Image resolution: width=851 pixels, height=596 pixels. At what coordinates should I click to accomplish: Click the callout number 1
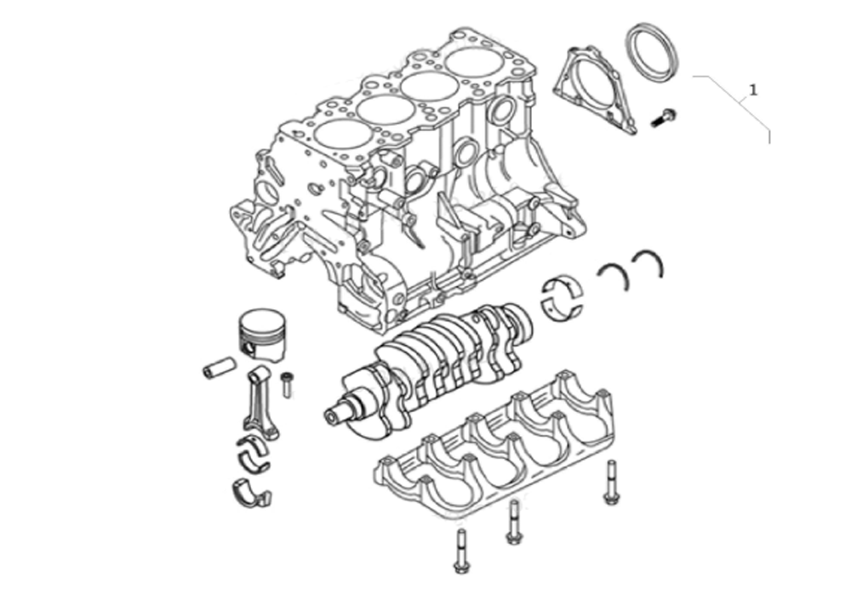click(x=752, y=89)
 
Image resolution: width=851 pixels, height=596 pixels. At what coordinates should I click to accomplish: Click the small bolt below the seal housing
click(x=663, y=117)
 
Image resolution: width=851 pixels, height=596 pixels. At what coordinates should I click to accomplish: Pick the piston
click(x=261, y=335)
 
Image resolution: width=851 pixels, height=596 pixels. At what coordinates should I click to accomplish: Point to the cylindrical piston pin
click(x=219, y=367)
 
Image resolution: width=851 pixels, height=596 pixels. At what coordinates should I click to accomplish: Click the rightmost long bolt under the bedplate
click(x=610, y=482)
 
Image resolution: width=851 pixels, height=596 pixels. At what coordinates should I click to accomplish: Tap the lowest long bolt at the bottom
click(x=460, y=551)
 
